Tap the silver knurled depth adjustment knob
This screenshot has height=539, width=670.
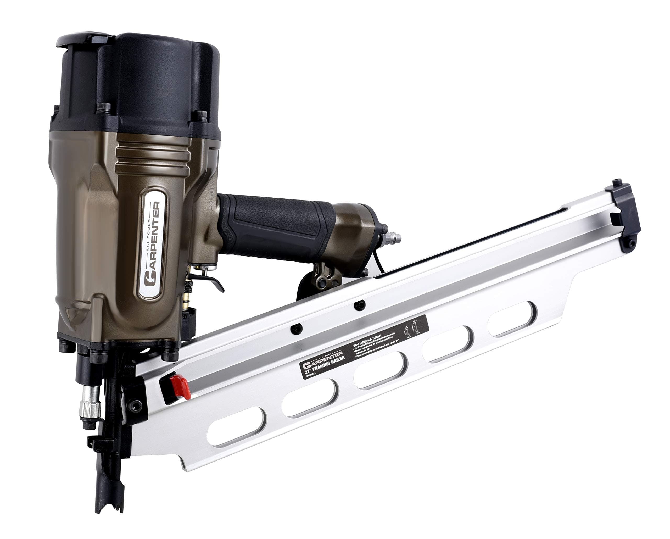90,404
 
